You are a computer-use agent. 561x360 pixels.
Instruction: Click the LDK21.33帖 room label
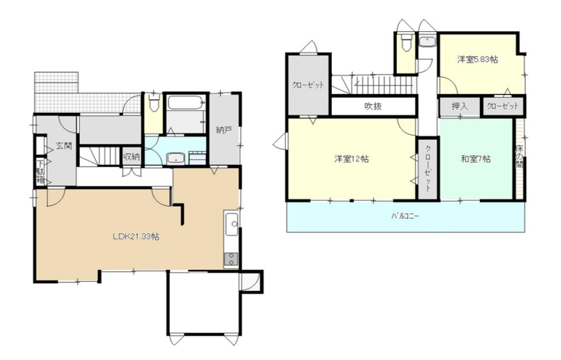(x=136, y=237)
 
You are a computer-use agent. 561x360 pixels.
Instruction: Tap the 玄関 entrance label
(x=64, y=146)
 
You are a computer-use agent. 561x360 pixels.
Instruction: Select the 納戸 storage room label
(x=224, y=130)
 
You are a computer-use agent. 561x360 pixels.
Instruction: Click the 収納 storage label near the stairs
(x=131, y=157)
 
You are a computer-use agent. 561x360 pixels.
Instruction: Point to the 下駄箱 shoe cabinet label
(x=41, y=172)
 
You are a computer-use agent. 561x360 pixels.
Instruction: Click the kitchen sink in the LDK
(x=232, y=225)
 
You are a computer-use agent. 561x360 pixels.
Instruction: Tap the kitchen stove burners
(x=231, y=259)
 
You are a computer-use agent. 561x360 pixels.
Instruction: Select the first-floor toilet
(x=154, y=102)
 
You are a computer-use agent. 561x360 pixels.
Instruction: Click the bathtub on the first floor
(x=186, y=103)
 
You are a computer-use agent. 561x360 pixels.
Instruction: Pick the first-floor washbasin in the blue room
(x=176, y=158)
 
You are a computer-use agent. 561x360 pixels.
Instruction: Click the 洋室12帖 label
(x=352, y=158)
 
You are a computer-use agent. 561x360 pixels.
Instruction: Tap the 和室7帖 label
(x=475, y=158)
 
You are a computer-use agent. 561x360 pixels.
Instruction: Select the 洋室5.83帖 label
(x=477, y=59)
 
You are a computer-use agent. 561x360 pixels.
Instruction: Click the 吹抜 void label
(x=373, y=106)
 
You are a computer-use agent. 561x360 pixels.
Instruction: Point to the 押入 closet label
(x=460, y=107)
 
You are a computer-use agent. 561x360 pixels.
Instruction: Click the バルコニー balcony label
(x=405, y=216)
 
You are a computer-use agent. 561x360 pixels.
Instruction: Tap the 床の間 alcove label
(x=519, y=158)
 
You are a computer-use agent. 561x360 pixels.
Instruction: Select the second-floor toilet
(x=406, y=43)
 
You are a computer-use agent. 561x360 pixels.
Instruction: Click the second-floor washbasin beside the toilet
(x=427, y=41)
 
